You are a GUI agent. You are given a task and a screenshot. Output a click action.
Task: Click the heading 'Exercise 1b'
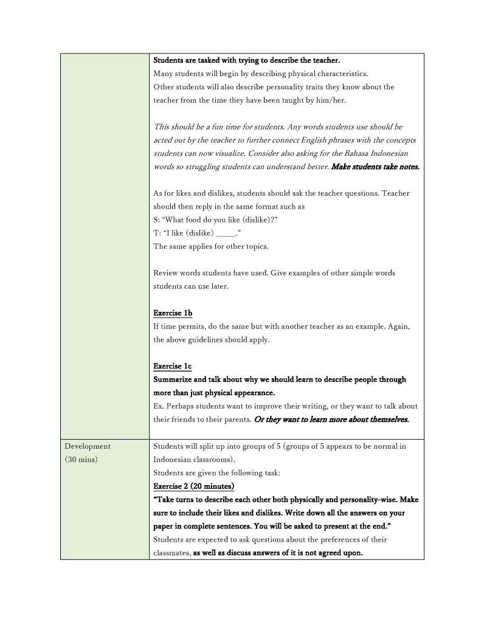(172, 313)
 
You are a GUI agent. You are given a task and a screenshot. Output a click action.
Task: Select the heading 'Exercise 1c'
(172, 366)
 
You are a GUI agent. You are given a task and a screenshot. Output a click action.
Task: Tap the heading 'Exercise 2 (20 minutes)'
(193, 486)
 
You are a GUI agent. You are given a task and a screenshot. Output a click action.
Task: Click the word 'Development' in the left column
(88, 446)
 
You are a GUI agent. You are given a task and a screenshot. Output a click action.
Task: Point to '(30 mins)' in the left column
(81, 460)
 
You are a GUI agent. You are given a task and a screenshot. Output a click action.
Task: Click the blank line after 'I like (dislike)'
(226, 233)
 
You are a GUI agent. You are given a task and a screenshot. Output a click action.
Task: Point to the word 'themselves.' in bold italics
(386, 420)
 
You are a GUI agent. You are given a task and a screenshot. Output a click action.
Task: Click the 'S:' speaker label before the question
(157, 219)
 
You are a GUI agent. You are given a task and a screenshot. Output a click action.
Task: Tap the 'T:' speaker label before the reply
(157, 233)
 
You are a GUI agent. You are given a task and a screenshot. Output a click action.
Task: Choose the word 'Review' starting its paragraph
(166, 273)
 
